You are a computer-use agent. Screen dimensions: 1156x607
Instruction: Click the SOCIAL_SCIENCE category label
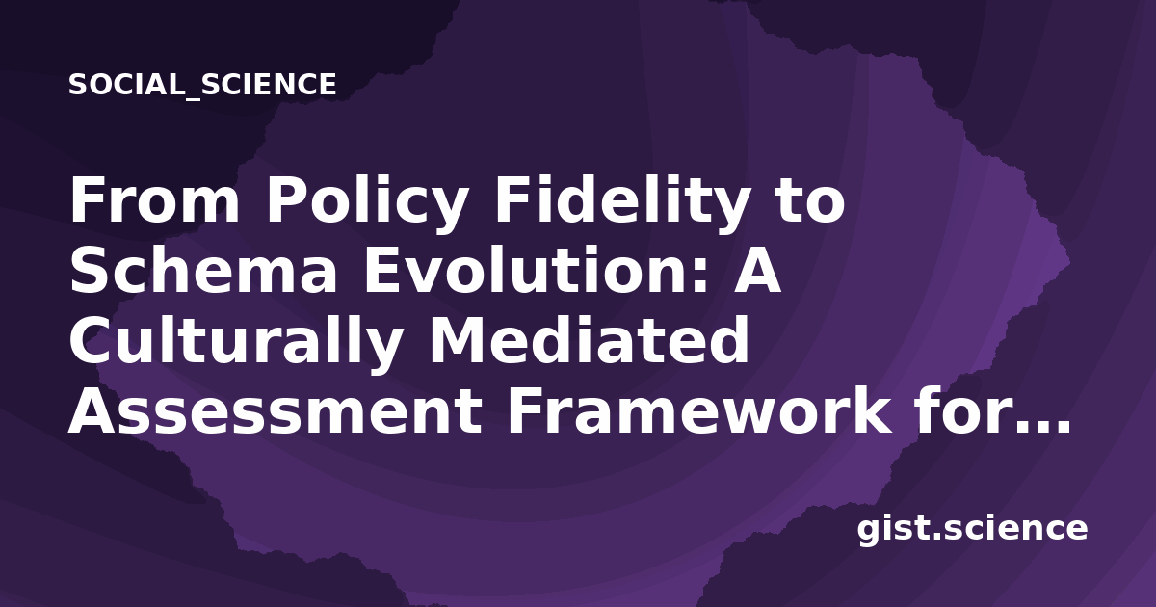[202, 85]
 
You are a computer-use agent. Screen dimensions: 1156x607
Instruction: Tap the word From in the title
[155, 199]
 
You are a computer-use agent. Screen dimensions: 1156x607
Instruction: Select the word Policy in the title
[367, 205]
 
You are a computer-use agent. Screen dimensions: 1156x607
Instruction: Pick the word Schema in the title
[203, 270]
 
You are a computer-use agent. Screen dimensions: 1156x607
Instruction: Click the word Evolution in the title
[526, 270]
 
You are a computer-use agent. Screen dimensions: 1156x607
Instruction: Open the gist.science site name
[972, 528]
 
